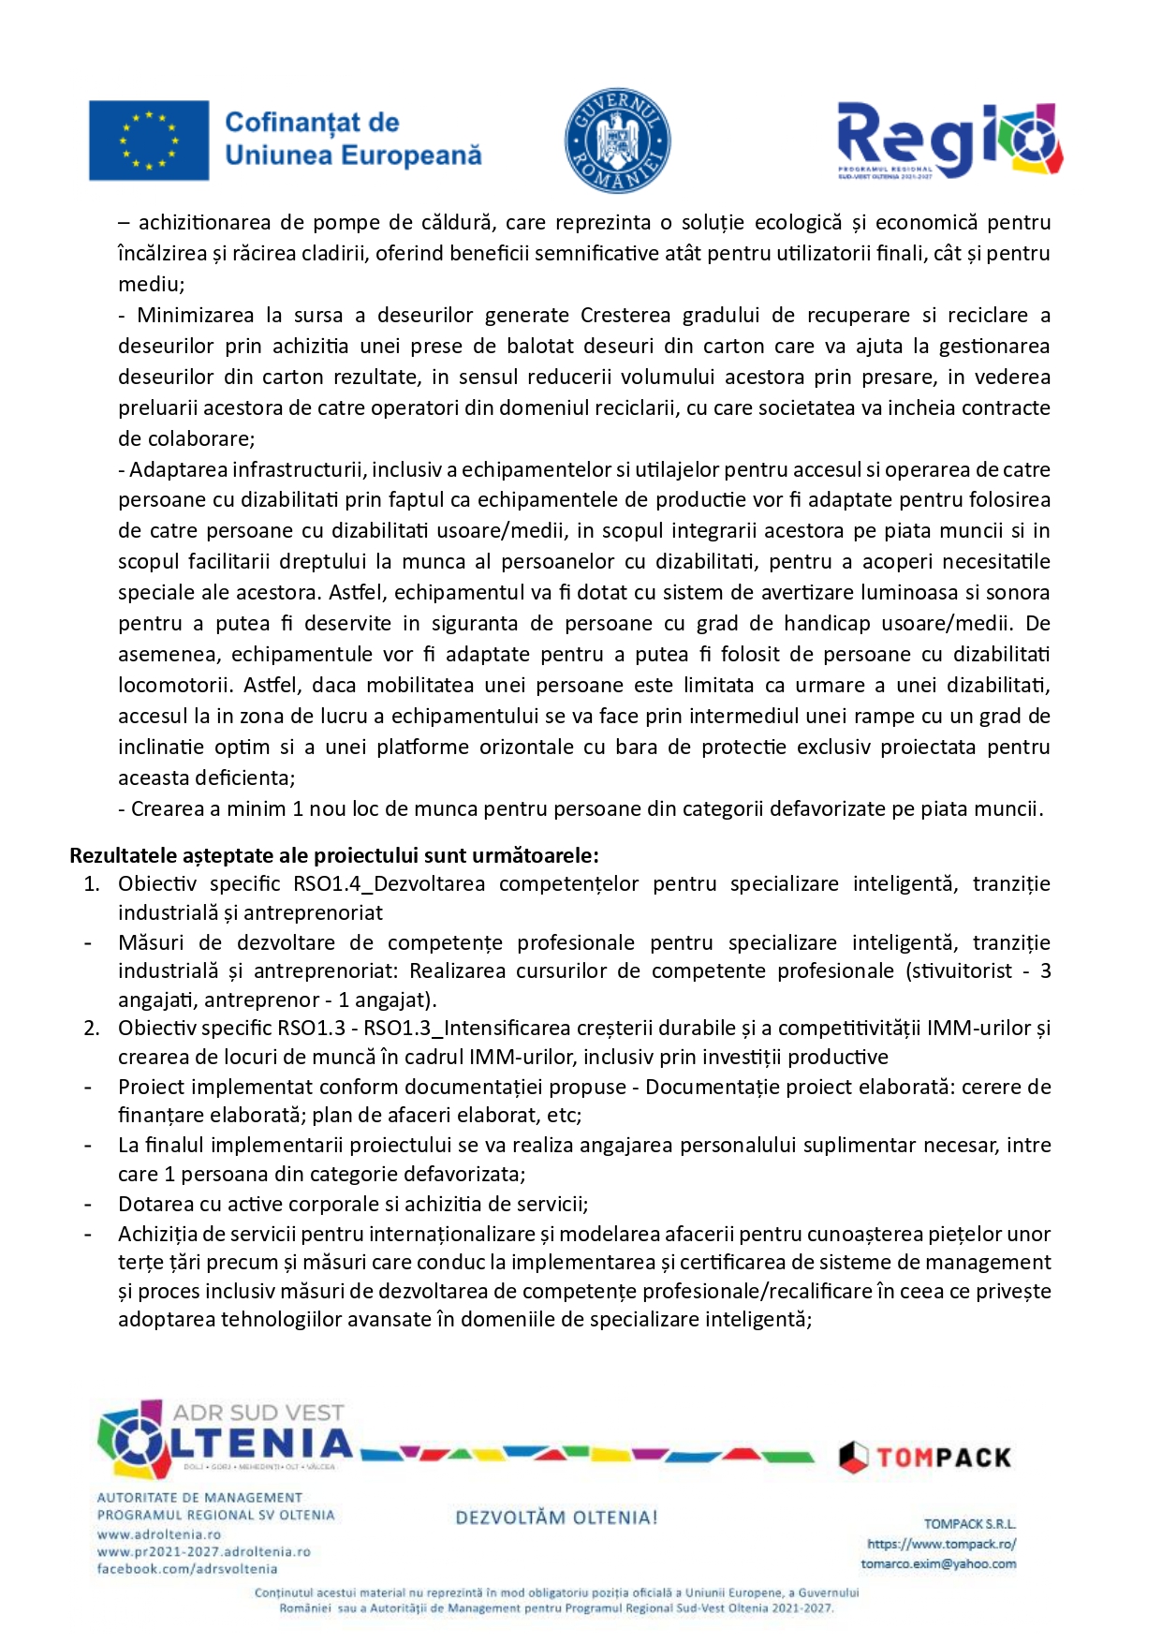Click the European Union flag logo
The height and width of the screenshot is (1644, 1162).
coord(149,140)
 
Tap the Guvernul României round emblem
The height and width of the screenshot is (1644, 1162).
coord(617,141)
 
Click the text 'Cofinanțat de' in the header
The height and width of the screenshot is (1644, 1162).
coord(312,123)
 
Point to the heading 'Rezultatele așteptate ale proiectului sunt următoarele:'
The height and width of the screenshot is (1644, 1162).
coord(334,855)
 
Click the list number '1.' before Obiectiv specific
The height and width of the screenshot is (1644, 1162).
coord(92,884)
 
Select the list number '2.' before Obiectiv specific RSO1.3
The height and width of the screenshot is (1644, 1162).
coord(92,1029)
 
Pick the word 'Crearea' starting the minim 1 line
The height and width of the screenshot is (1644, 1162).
coord(163,809)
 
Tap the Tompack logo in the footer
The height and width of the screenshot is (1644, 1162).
coord(925,1458)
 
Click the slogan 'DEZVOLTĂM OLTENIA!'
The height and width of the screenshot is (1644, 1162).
coord(556,1518)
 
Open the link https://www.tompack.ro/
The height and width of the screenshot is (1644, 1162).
coord(941,1544)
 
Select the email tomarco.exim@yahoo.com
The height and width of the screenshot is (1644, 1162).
coord(938,1563)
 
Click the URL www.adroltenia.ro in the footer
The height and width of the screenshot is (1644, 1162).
coord(159,1534)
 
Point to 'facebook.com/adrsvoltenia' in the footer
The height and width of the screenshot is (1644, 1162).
coord(187,1569)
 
